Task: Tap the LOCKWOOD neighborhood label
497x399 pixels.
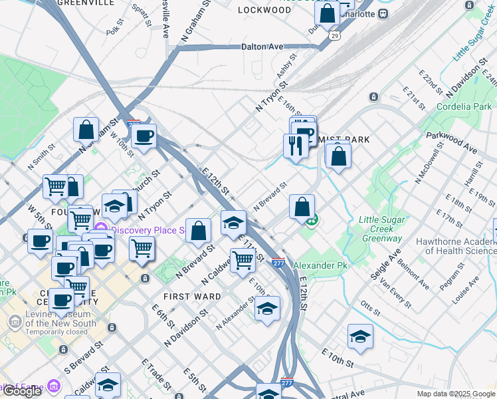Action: click(264, 10)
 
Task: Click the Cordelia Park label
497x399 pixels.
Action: click(464, 106)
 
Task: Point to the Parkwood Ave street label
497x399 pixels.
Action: click(452, 142)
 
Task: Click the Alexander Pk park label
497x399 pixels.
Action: click(320, 265)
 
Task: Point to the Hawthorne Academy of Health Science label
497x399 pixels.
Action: click(456, 246)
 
